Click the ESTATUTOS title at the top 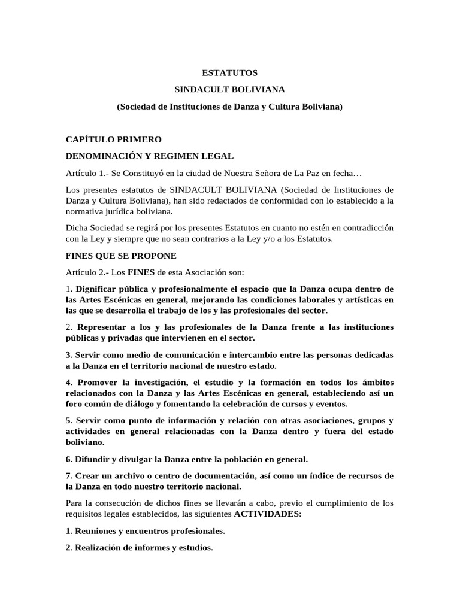point(230,73)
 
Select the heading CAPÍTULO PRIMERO point(113,139)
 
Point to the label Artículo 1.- point(87,173)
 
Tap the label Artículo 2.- point(87,272)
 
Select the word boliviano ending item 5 point(84,442)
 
